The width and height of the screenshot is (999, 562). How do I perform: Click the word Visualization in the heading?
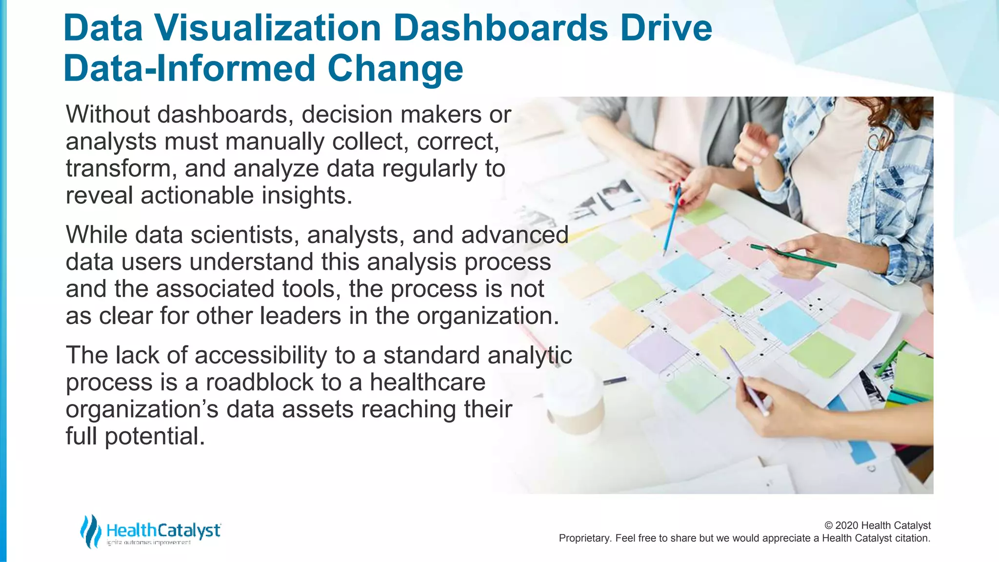click(x=267, y=28)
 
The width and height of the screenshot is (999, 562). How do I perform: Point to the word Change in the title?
click(x=395, y=69)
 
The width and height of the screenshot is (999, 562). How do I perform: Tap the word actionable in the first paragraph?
click(x=197, y=195)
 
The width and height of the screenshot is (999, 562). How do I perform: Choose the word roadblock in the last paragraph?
click(x=259, y=382)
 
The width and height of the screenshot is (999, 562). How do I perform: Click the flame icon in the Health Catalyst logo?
click(x=90, y=531)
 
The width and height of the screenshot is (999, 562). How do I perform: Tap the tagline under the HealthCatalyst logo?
click(x=148, y=543)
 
